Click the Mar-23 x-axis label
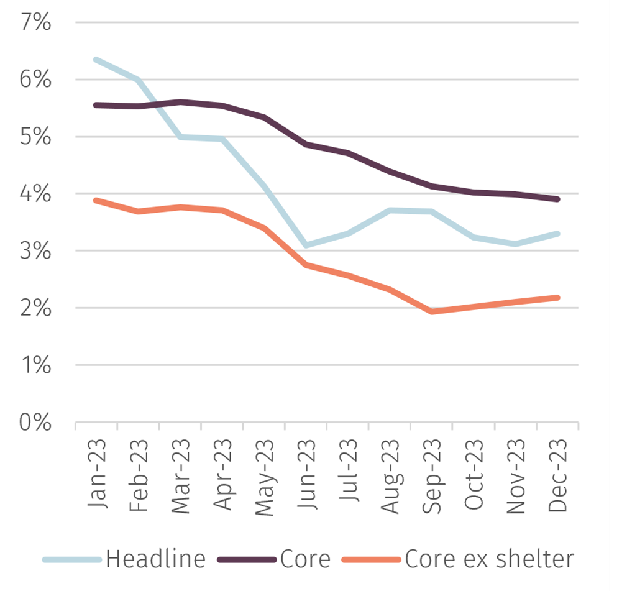[x=181, y=476]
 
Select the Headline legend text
[x=155, y=559]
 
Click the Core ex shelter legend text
[x=489, y=559]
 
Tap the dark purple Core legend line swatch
[x=247, y=560]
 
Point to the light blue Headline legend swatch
[x=71, y=560]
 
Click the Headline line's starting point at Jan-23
[x=96, y=60]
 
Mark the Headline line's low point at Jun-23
[x=306, y=245]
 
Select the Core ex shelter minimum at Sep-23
[x=432, y=311]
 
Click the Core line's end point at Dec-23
[x=557, y=199]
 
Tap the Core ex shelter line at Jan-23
[x=96, y=201]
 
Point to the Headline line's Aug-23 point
[x=390, y=211]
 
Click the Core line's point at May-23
[x=264, y=117]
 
